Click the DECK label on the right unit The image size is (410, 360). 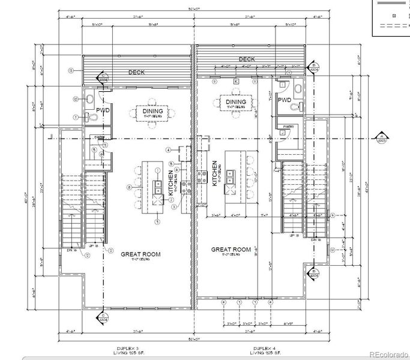point(246,59)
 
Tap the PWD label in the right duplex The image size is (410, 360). point(284,100)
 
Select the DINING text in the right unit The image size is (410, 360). point(236,102)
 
